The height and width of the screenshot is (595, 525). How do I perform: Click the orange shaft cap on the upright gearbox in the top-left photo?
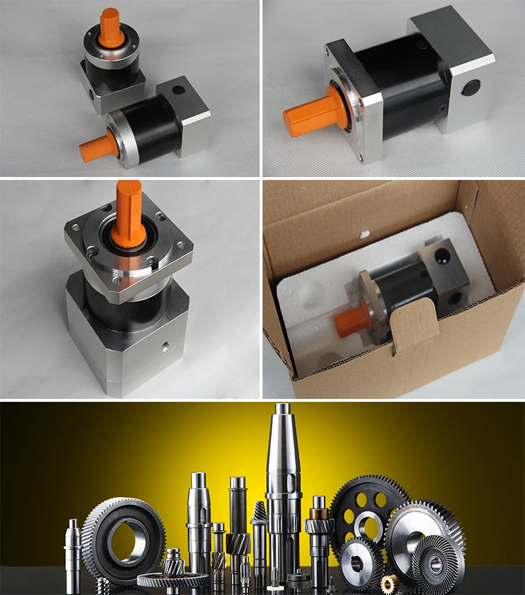(x=109, y=25)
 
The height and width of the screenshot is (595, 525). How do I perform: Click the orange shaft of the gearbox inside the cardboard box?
(x=354, y=318)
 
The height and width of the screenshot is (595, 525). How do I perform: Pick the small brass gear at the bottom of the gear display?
(x=389, y=582)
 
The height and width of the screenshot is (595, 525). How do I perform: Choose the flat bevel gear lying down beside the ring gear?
(x=172, y=579)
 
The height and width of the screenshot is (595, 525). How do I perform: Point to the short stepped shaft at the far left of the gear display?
(x=73, y=553)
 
